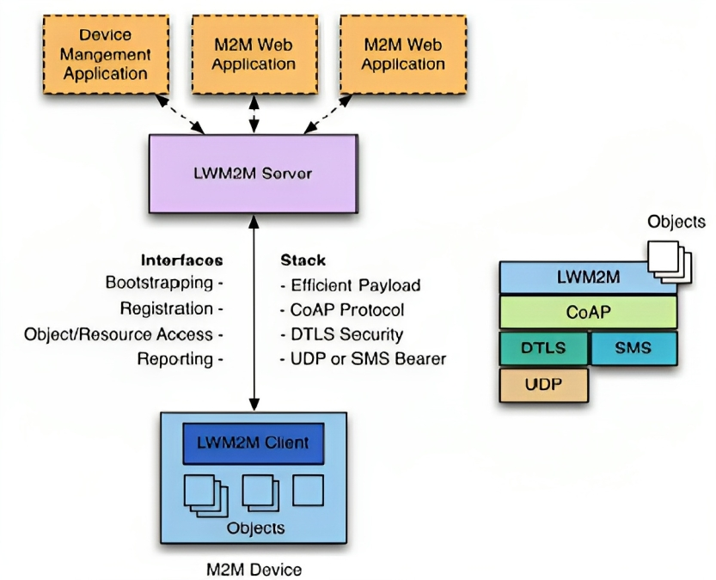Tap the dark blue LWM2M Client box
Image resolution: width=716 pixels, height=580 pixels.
click(253, 443)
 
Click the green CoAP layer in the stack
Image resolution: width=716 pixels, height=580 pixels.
click(588, 312)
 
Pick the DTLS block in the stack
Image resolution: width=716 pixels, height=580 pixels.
click(542, 348)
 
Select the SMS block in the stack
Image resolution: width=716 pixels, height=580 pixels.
click(633, 348)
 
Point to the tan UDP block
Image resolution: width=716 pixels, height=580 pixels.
click(543, 385)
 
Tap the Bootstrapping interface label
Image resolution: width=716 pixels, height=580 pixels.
click(163, 282)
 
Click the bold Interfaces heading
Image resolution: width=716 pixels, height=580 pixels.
click(181, 259)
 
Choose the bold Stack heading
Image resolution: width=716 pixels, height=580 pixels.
click(303, 259)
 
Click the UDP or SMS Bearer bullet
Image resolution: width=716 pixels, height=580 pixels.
click(363, 359)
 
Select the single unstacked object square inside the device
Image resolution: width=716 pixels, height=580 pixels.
click(308, 491)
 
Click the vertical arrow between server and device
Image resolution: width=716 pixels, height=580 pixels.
click(253, 309)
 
